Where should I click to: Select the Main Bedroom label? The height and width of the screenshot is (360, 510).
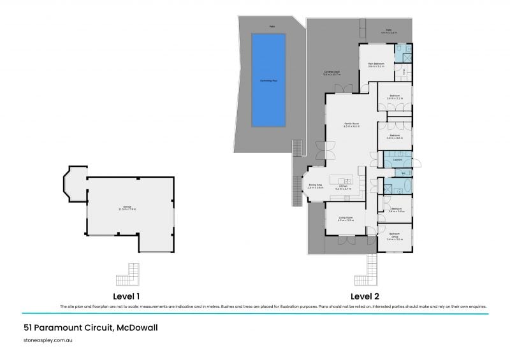click(x=374, y=64)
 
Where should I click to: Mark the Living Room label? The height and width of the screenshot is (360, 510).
click(x=346, y=220)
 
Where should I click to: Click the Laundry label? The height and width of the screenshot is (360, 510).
click(x=396, y=161)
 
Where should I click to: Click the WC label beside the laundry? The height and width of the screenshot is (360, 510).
click(x=404, y=173)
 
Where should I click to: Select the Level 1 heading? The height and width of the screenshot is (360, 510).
click(x=126, y=297)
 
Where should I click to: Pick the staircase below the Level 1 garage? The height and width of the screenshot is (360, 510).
click(x=127, y=278)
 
